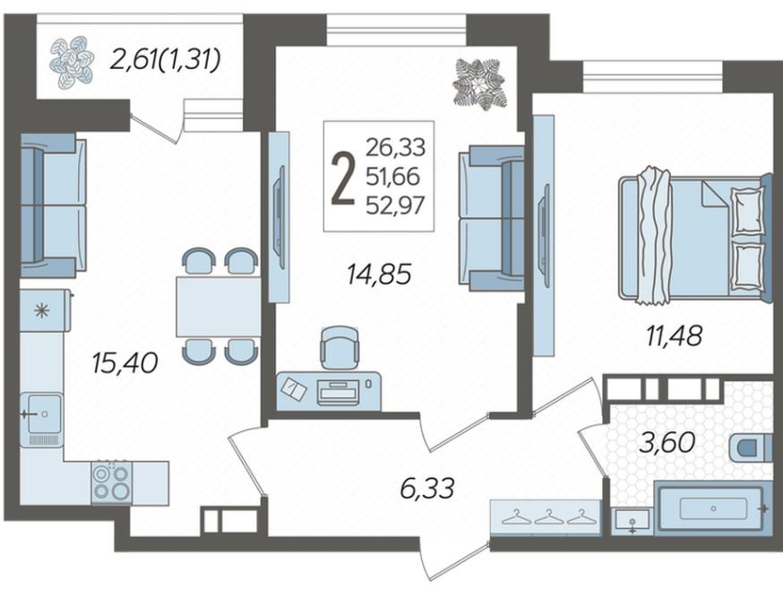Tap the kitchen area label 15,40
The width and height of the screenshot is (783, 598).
125,363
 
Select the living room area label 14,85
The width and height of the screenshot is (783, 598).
379,274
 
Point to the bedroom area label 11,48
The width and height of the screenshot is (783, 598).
675,335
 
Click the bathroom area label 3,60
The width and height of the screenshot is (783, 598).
667,442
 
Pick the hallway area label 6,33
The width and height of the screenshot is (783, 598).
427,488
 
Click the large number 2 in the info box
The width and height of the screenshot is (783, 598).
343,178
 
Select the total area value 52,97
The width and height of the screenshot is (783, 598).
395,204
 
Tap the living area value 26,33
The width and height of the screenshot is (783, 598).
395,147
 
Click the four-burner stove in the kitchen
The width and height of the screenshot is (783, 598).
112,482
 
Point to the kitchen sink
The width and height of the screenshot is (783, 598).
41,413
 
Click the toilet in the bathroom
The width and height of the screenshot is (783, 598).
751,447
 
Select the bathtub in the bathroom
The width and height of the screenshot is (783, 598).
711,507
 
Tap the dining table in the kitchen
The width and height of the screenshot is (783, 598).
219,307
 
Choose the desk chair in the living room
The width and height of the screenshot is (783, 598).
340,347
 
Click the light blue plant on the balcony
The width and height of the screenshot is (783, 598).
72,60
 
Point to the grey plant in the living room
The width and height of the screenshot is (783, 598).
479,82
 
